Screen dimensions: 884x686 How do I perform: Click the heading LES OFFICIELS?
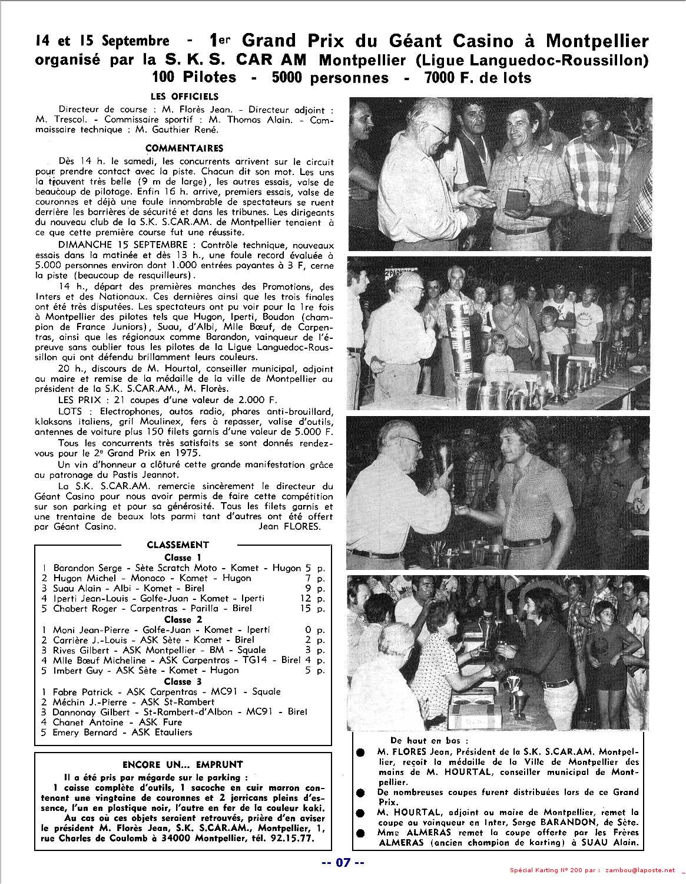[x=184, y=96]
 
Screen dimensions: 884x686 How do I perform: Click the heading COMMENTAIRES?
[x=184, y=148]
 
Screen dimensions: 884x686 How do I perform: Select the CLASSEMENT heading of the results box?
[x=178, y=545]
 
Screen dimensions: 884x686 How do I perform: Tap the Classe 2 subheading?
[x=183, y=619]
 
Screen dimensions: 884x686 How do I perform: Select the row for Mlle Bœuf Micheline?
[x=177, y=660]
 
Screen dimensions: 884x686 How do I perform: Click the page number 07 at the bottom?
[x=343, y=863]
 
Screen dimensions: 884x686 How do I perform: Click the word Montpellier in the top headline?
[x=596, y=41]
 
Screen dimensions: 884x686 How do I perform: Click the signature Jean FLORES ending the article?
[x=290, y=527]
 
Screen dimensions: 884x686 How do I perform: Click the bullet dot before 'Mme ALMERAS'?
[x=360, y=833]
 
